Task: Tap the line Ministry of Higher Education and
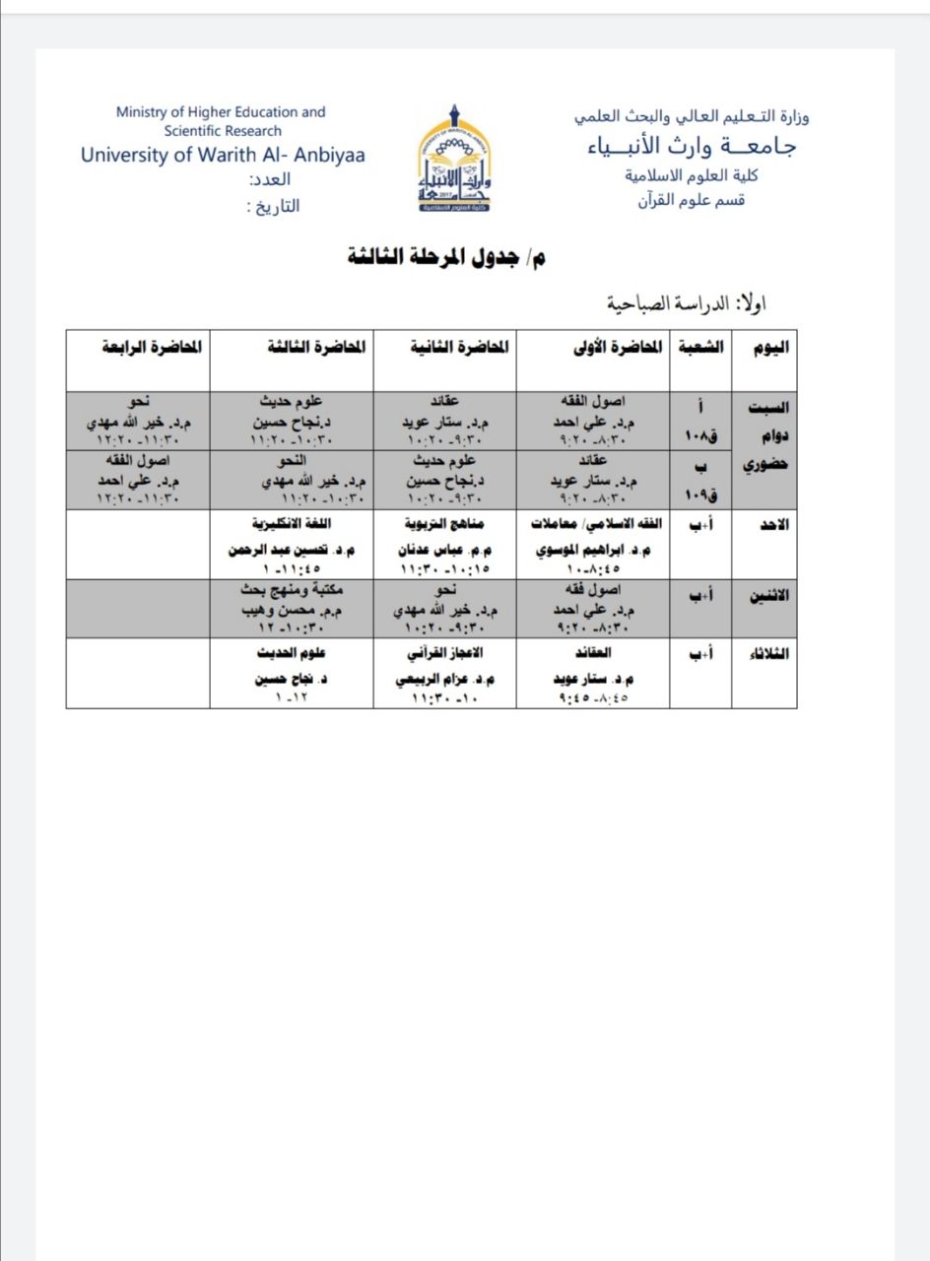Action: [221, 112]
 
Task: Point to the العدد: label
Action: [270, 180]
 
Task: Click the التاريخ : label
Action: [272, 207]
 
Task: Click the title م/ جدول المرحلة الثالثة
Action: [446, 258]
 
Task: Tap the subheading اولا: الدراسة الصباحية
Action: [681, 302]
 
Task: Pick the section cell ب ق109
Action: [700, 479]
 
